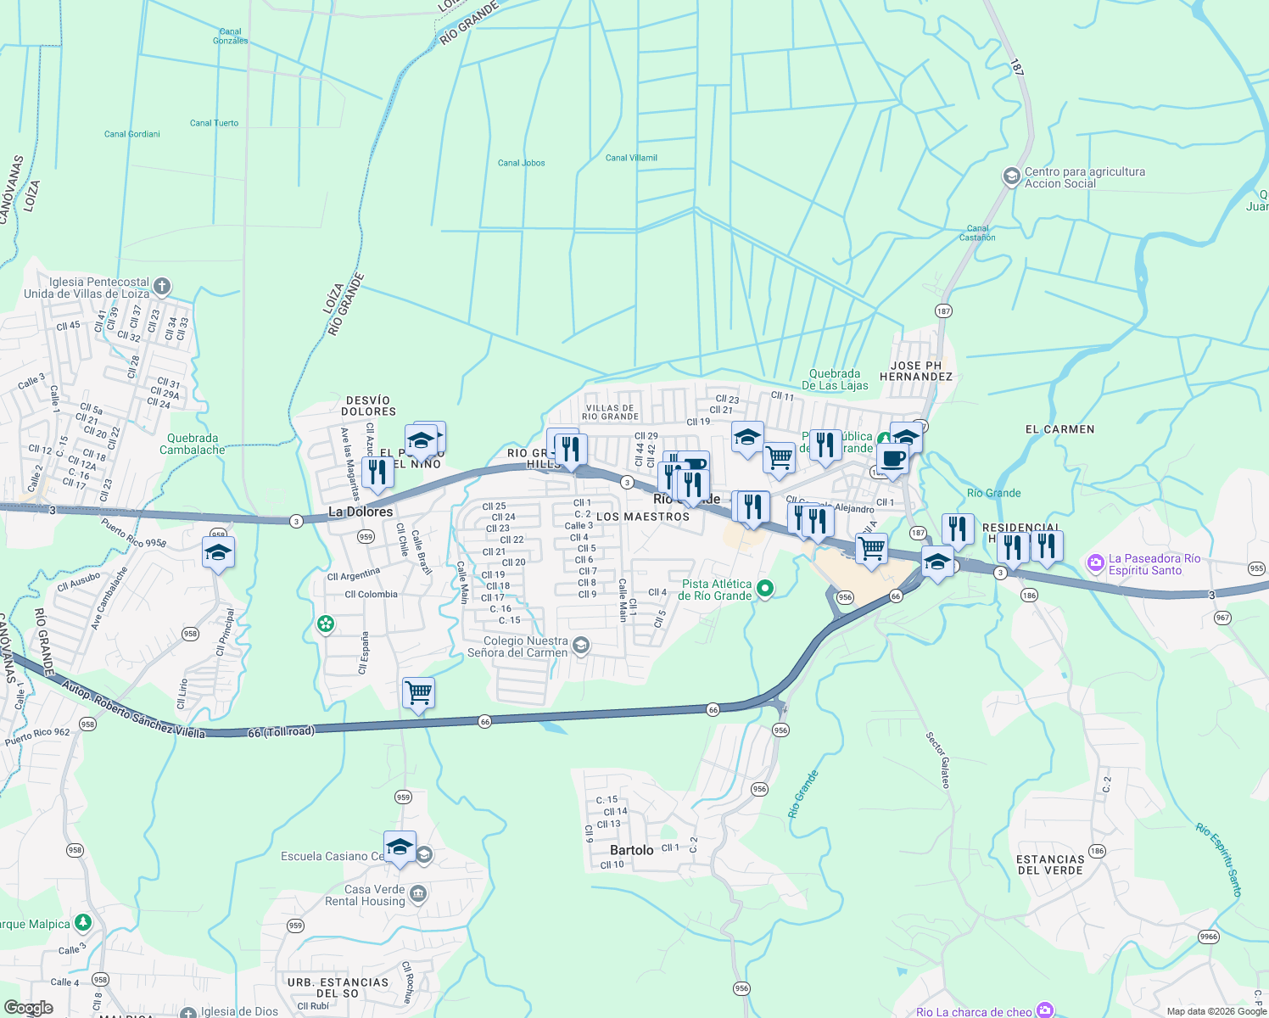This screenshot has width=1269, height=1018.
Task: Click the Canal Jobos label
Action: coord(521,163)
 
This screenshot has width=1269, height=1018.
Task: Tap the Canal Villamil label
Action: coord(631,158)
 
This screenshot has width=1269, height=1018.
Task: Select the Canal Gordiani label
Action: coord(131,134)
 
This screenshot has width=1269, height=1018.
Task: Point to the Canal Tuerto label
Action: coord(214,123)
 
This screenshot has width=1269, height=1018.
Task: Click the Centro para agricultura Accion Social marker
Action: coord(1011,176)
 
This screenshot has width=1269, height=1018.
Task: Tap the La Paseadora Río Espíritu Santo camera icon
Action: coord(1095,562)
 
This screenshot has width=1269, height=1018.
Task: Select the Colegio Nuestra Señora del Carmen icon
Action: coord(580,646)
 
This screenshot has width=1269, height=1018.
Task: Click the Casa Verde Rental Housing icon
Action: coord(417,894)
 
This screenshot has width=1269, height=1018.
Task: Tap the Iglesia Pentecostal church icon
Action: coord(162,287)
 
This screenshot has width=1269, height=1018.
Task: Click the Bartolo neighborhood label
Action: coord(632,850)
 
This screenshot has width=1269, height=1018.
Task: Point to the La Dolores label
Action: coord(361,512)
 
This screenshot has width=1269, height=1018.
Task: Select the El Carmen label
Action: coord(1059,429)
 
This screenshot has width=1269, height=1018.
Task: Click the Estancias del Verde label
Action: coord(1050,864)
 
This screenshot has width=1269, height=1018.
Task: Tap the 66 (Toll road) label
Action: coord(281,731)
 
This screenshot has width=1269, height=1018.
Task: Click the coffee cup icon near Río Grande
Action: coord(892,460)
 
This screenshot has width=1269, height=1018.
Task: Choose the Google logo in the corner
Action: coord(28,1008)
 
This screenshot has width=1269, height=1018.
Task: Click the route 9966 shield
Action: coord(1208,937)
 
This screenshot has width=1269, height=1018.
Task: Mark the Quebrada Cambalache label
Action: coord(193,444)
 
